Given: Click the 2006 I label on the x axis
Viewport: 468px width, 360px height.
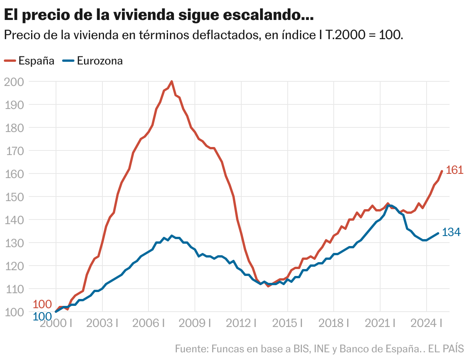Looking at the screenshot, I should pos(148,323).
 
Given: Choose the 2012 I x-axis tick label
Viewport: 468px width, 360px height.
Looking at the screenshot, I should pos(241,323).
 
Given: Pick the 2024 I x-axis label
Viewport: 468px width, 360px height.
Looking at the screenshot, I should pos(426,323).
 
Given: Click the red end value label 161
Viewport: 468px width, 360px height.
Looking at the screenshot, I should pos(455,170).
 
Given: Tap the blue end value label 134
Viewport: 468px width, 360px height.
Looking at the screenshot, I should pos(451,232).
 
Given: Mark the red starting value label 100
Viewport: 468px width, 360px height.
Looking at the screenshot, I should pos(42,304).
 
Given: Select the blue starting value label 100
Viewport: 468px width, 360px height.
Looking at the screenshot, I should pos(42,317).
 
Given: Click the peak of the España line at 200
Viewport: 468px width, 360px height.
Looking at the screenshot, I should pos(171,81).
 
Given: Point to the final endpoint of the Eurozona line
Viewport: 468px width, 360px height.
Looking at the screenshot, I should pos(438,233).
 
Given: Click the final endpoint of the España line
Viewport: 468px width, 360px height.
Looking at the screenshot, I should pos(442,171).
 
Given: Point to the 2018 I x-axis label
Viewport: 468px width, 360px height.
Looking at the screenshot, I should pos(333,323).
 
